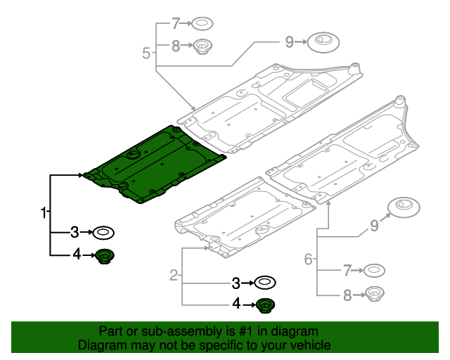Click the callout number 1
tap(43, 212)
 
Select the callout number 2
tap(174, 276)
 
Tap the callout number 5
tap(146, 53)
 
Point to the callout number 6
tap(308, 259)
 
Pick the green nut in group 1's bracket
tap(105, 256)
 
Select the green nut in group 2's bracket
tap(265, 304)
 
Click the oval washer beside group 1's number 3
tap(104, 231)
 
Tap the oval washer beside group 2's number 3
tap(265, 283)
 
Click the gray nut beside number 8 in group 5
tap(203, 48)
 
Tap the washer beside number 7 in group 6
tap(373, 269)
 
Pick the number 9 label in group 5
tap(289, 42)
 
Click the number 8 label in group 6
tap(347, 295)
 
